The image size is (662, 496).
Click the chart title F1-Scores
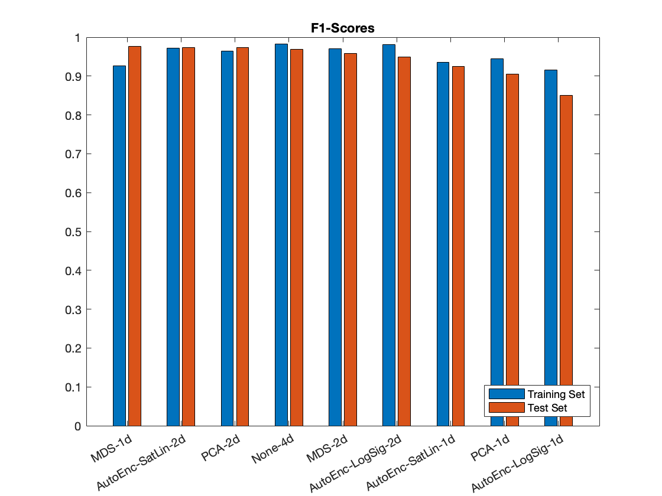(x=343, y=28)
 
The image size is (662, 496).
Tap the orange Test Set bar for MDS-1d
(x=135, y=236)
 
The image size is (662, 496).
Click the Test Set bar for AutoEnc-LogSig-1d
(x=566, y=260)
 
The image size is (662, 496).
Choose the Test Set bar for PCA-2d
(x=242, y=237)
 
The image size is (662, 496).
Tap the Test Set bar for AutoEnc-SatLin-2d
(x=189, y=237)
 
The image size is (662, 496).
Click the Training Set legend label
(x=556, y=394)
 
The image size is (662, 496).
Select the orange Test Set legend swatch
(x=507, y=407)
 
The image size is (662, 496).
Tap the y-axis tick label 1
(x=77, y=37)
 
